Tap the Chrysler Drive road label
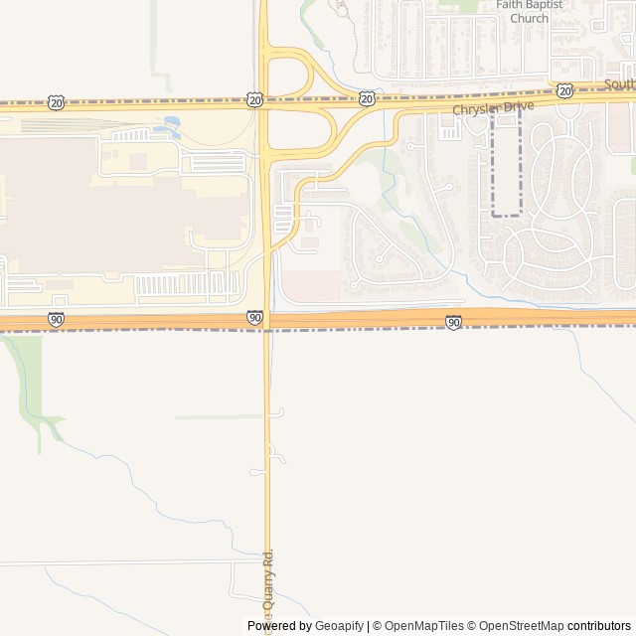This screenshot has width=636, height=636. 493,107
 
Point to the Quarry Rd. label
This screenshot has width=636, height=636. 268,581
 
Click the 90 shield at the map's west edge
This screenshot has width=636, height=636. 56,319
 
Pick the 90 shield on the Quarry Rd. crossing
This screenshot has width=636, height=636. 255,318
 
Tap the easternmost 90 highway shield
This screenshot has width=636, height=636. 453,322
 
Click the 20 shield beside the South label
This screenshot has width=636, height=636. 564,91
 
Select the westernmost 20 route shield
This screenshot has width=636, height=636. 56,102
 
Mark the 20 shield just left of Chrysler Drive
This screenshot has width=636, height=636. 367,98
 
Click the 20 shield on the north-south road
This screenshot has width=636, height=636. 255,99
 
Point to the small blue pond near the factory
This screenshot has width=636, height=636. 172,124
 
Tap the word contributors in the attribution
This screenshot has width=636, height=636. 598,626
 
